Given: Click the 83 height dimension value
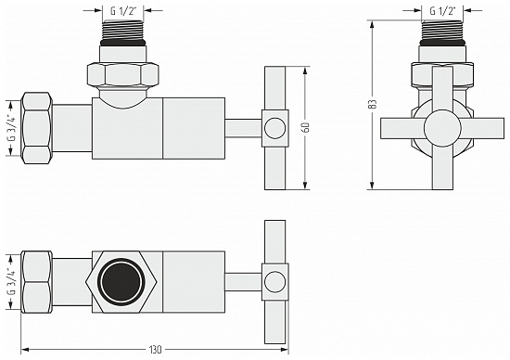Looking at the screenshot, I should (x=373, y=105).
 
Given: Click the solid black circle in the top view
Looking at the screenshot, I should (x=119, y=280).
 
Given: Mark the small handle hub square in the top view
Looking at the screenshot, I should (x=274, y=280).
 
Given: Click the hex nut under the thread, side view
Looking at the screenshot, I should (x=124, y=73).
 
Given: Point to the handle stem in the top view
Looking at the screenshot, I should (x=244, y=280).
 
